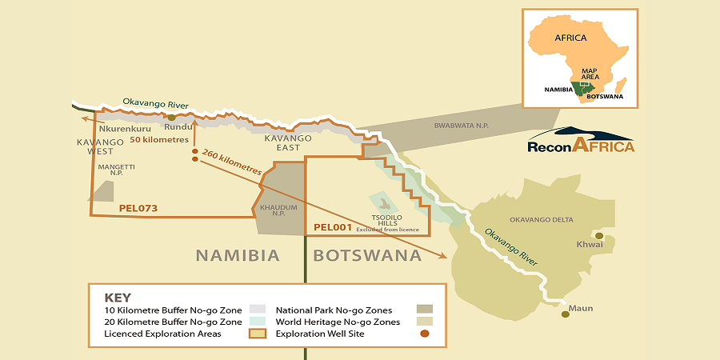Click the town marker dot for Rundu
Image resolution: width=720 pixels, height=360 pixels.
click(x=171, y=118)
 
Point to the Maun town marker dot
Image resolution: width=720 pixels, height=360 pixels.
click(x=566, y=314)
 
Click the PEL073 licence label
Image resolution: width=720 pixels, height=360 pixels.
click(x=138, y=208)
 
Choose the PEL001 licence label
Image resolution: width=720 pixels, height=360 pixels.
click(x=333, y=227)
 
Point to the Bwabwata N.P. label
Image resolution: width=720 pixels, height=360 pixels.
click(x=460, y=126)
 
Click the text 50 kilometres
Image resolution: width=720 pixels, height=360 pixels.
click(x=159, y=139)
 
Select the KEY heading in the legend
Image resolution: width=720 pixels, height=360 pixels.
click(x=118, y=297)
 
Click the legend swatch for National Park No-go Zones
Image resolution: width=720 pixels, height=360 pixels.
click(x=424, y=309)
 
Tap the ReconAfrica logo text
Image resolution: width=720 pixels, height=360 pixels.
click(x=581, y=146)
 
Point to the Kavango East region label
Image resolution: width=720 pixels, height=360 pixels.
click(x=282, y=142)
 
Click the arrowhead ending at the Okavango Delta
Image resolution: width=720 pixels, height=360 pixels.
click(x=445, y=257)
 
